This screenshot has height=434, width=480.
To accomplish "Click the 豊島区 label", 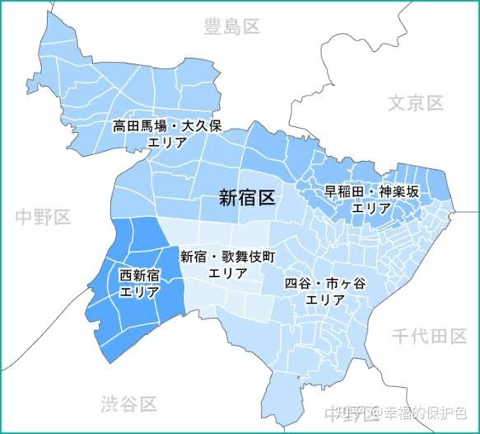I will [x=231, y=27].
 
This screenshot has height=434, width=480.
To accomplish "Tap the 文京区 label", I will [x=416, y=103].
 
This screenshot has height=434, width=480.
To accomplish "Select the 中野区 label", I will [x=43, y=218].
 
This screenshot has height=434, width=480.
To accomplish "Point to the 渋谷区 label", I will [x=128, y=404].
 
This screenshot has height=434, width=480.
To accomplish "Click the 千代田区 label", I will [x=429, y=336].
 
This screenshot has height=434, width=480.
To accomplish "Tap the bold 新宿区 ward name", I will [x=247, y=197].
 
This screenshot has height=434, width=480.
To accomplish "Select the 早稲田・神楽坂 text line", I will [x=371, y=192].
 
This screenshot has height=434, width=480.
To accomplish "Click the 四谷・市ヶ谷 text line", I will [x=325, y=284].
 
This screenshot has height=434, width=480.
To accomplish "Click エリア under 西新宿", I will [x=140, y=291].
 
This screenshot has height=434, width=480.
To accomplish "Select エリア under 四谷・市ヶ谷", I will [x=325, y=300].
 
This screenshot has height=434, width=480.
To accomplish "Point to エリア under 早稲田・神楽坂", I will [x=371, y=208].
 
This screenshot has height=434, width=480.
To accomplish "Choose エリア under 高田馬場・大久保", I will [x=168, y=143].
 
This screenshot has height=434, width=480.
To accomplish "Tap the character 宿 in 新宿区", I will [x=247, y=197].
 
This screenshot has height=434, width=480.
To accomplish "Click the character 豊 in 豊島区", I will [x=212, y=27].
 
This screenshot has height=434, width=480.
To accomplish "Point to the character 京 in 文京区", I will [x=416, y=103].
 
